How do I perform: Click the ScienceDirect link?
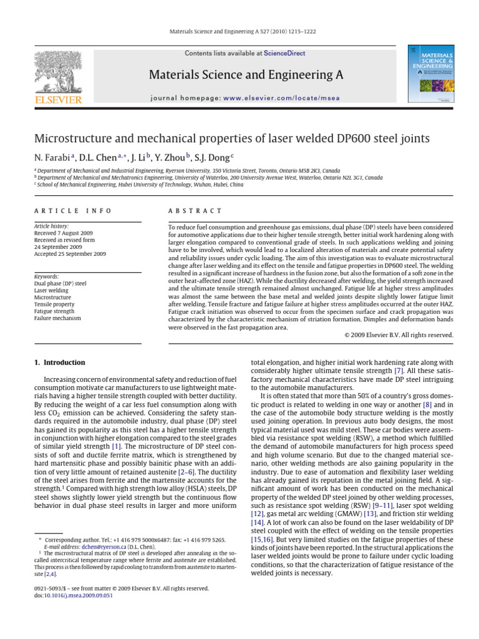click(284, 54)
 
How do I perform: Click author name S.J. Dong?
click(211, 156)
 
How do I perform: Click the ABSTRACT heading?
click(195, 212)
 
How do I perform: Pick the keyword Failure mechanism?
click(57, 318)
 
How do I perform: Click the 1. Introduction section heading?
click(59, 363)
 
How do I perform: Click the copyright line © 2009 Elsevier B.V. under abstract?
click(399, 335)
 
